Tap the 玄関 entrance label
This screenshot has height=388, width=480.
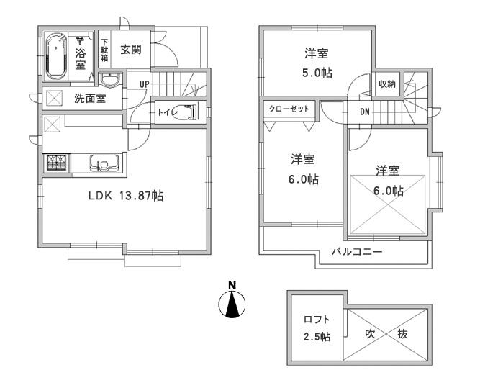[x=130, y=50]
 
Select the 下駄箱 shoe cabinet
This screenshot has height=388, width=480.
[x=104, y=50]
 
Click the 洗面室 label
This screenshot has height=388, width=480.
[x=90, y=99]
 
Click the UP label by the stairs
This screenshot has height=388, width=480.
[x=144, y=84]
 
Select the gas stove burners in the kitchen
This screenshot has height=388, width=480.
[x=55, y=163]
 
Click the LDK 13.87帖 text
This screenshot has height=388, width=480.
[x=125, y=195]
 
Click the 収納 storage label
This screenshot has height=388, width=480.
[x=386, y=84]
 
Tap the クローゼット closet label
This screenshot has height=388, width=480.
[x=289, y=108]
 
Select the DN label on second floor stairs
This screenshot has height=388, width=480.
[x=365, y=112]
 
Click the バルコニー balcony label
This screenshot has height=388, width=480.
[x=357, y=252]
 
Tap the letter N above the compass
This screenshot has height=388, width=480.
[x=232, y=286]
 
